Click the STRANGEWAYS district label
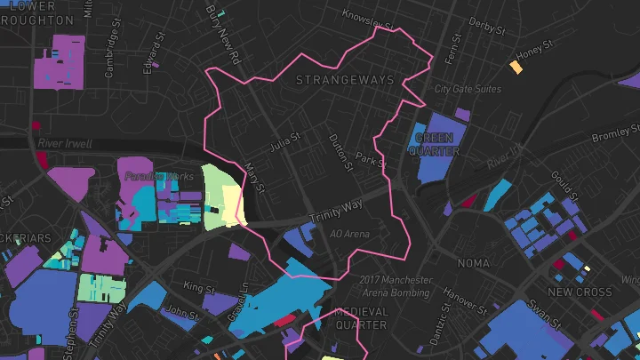pos(343,81)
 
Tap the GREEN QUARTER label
pos(435,145)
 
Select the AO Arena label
pos(348,234)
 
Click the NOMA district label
pos(472,264)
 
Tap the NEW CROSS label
pos(580,292)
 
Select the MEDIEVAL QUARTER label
pos(361,318)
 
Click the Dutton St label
pos(340,150)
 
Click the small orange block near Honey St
pos(516,68)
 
